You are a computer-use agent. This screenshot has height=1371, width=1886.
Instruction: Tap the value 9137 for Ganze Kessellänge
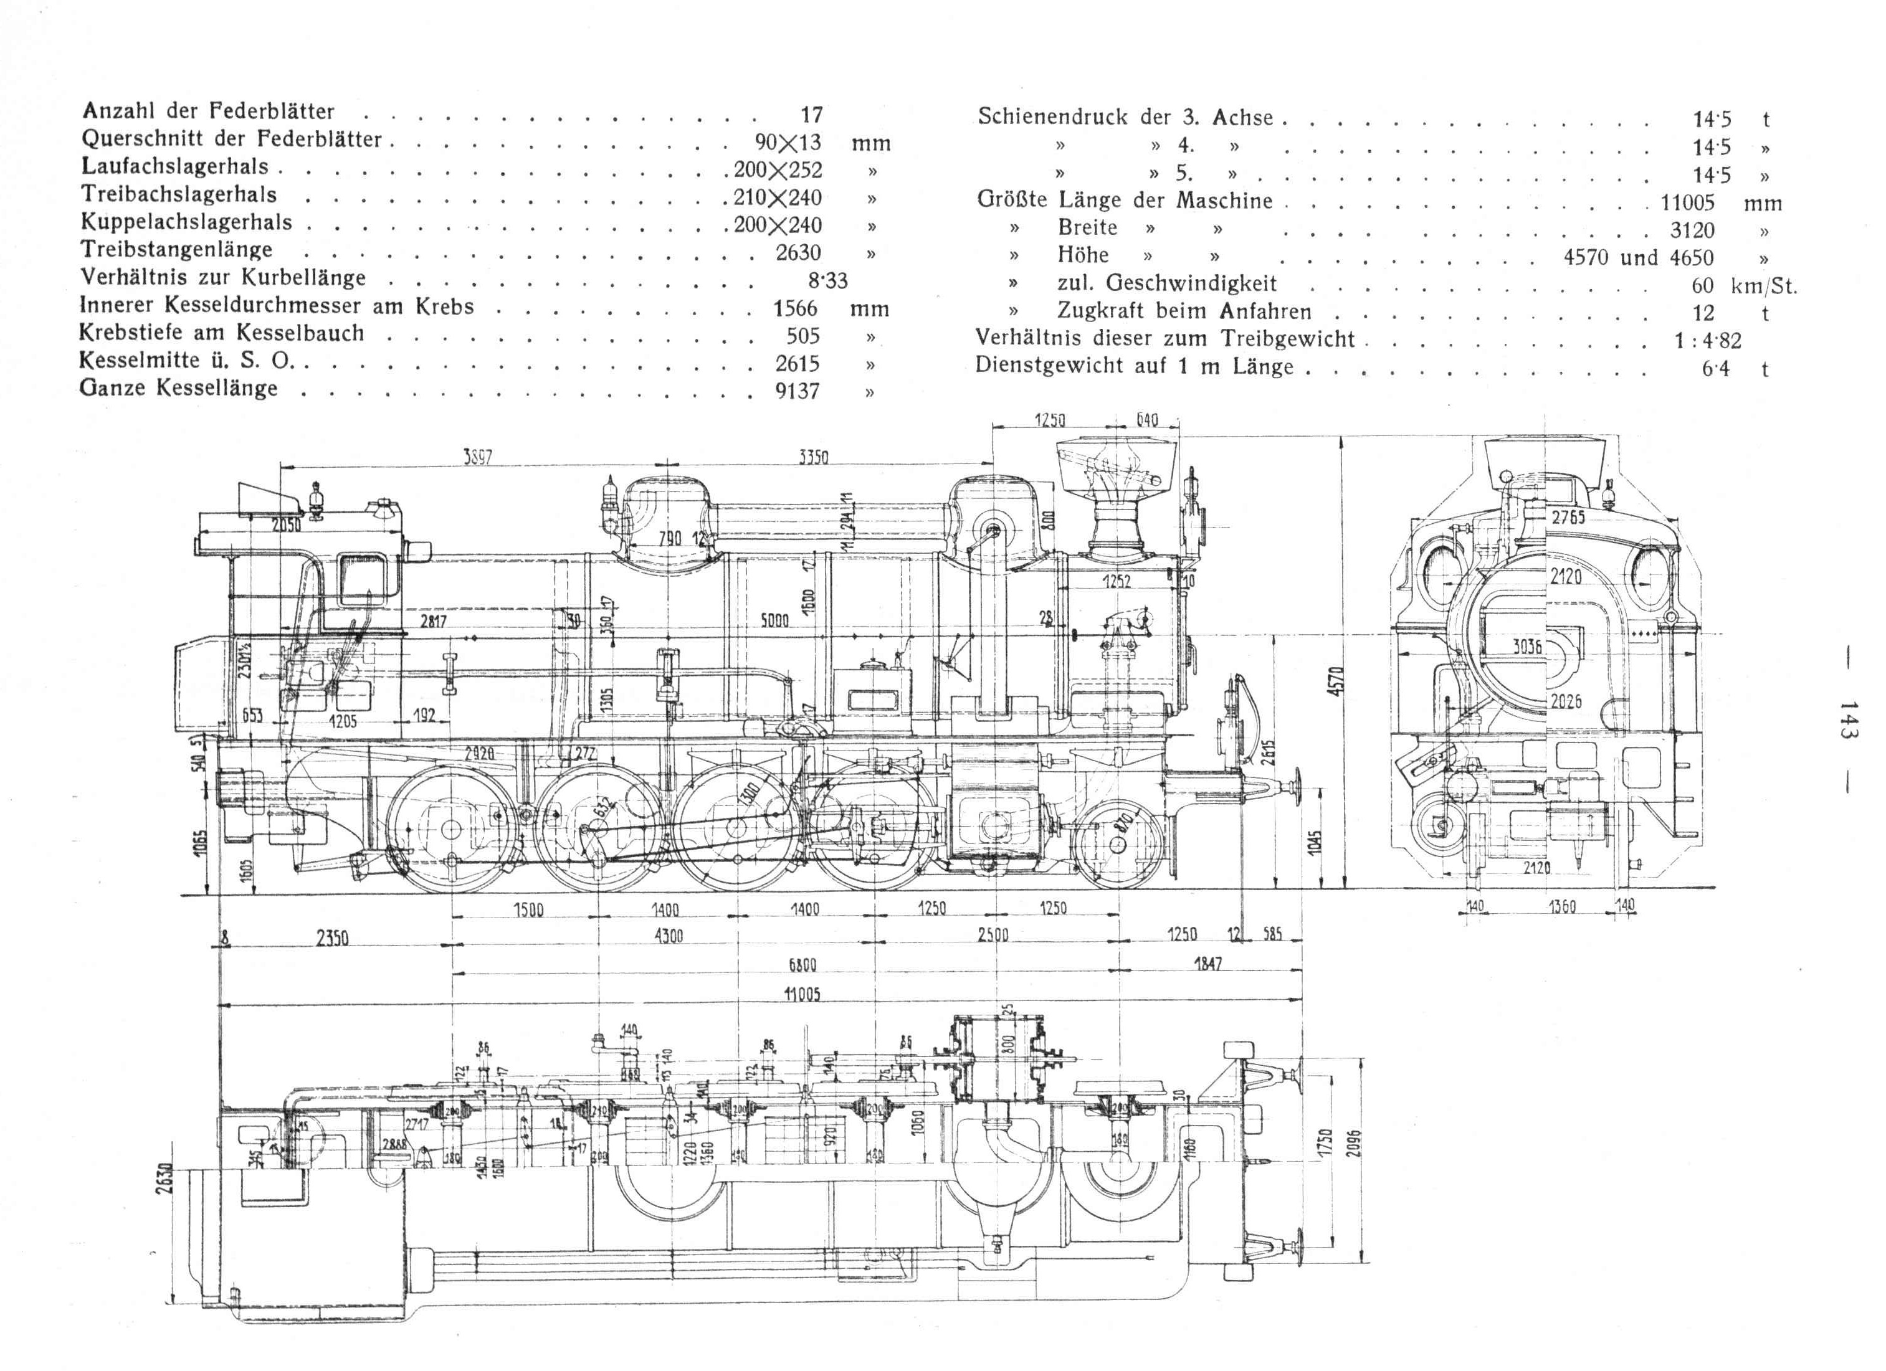pyautogui.click(x=798, y=391)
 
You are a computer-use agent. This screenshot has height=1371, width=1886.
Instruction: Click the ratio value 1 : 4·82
pyautogui.click(x=1707, y=341)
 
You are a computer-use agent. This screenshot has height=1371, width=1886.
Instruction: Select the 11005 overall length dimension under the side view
pyautogui.click(x=802, y=994)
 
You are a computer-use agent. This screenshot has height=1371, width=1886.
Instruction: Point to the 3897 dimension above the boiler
pyautogui.click(x=477, y=457)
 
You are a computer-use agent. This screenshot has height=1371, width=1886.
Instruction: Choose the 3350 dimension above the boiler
pyautogui.click(x=813, y=457)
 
